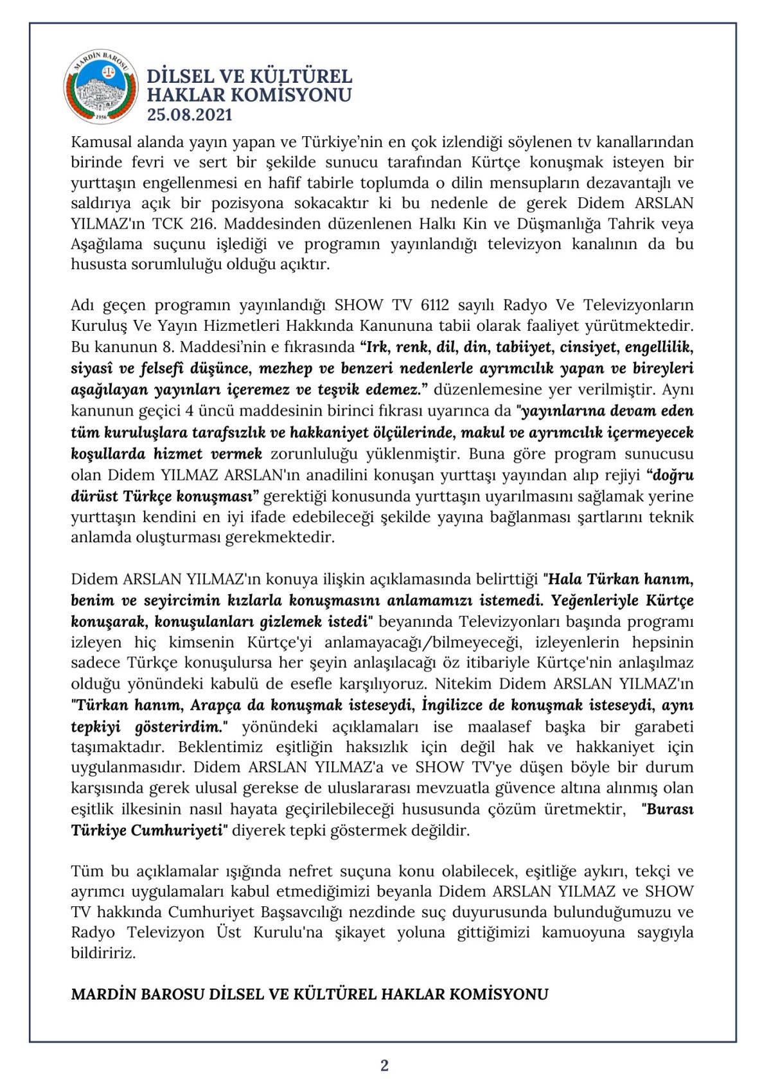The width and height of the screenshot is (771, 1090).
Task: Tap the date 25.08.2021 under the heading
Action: tap(190, 115)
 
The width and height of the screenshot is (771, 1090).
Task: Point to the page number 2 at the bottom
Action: tap(384, 1065)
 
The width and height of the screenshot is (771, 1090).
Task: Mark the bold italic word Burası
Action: tap(669, 809)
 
